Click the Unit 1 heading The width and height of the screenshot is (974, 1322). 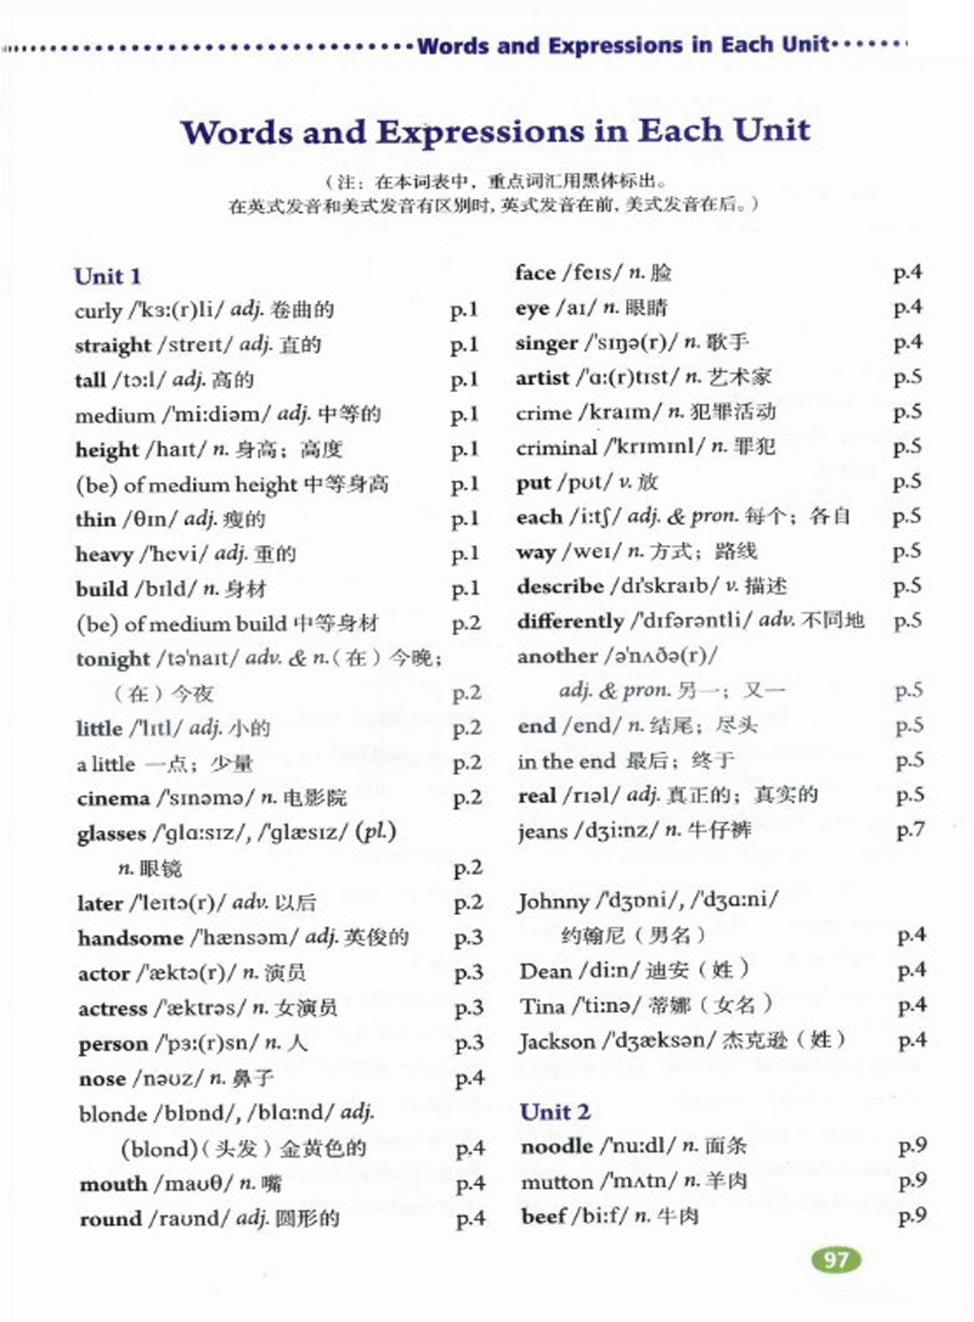tap(107, 277)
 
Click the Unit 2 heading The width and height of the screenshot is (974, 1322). tap(555, 1112)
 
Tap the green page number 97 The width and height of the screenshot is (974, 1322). tap(836, 1260)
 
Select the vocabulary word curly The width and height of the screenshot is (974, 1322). tap(98, 311)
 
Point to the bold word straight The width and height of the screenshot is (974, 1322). tap(113, 345)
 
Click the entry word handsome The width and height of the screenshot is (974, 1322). tap(130, 939)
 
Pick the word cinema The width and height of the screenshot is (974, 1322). tap(113, 799)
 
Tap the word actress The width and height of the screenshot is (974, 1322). tap(112, 1009)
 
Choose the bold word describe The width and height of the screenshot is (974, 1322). tap(560, 587)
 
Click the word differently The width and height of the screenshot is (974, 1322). tap(570, 622)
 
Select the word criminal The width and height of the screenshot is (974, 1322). tap(556, 447)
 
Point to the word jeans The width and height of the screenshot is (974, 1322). tap(542, 831)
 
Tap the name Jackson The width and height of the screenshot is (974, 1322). tap(557, 1041)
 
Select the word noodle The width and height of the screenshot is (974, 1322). tap(556, 1147)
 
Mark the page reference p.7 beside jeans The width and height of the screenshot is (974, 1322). tap(909, 830)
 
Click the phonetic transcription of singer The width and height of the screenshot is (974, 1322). tap(629, 342)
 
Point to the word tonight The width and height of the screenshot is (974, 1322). tap(113, 659)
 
